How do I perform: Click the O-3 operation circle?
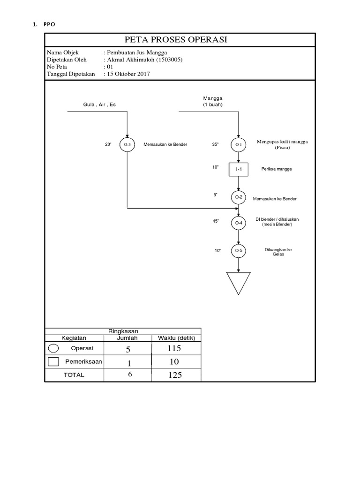[x=127, y=145]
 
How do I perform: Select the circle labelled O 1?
[x=239, y=145]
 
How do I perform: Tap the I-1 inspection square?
[x=239, y=169]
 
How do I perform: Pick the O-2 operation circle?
[x=239, y=197]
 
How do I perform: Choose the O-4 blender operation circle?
[x=239, y=223]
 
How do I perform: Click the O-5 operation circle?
[x=239, y=251]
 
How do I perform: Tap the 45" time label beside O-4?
[x=216, y=221]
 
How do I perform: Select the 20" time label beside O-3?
[x=108, y=144]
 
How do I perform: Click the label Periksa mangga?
[x=277, y=169]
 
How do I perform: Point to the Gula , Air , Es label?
[x=99, y=105]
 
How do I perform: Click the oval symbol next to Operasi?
[x=53, y=348]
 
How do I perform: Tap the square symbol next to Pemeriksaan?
[x=53, y=361]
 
